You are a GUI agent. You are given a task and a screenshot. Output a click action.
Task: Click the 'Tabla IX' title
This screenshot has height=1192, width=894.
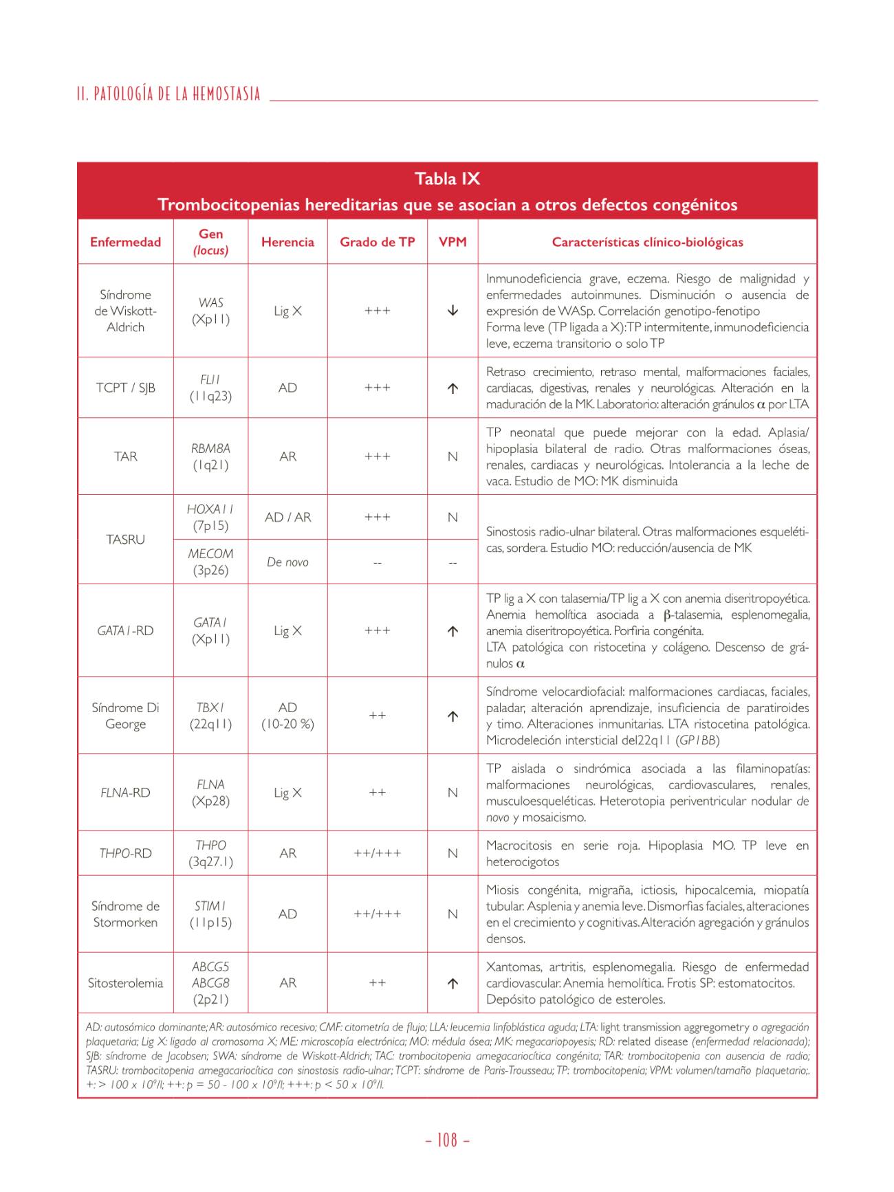pyautogui.click(x=447, y=179)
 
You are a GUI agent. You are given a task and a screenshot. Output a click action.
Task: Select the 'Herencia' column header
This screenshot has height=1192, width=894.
pyautogui.click(x=287, y=242)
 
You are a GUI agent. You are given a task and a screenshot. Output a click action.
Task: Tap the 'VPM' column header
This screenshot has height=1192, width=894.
pyautogui.click(x=453, y=242)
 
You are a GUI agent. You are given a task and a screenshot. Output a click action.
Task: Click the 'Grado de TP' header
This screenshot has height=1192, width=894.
pyautogui.click(x=377, y=242)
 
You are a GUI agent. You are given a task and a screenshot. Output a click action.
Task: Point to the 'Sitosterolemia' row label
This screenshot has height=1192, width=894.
pyautogui.click(x=125, y=983)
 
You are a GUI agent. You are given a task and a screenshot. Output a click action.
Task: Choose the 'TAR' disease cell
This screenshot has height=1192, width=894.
pyautogui.click(x=125, y=456)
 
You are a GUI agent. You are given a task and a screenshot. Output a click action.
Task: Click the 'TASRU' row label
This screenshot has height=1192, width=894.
pyautogui.click(x=125, y=540)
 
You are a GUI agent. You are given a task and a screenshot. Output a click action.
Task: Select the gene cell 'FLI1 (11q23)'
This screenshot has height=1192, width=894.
pyautogui.click(x=210, y=388)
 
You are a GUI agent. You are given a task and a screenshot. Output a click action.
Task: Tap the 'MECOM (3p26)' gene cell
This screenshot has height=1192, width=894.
pyautogui.click(x=210, y=562)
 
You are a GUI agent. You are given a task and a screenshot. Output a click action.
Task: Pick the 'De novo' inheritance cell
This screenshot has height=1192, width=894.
pyautogui.click(x=287, y=562)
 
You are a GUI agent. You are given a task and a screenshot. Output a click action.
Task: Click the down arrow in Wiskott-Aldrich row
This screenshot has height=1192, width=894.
pyautogui.click(x=453, y=311)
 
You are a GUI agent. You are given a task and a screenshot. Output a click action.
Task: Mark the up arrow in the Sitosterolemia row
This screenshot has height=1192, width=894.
pyautogui.click(x=453, y=984)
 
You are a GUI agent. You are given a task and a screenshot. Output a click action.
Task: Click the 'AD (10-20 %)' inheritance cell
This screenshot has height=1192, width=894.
pyautogui.click(x=287, y=716)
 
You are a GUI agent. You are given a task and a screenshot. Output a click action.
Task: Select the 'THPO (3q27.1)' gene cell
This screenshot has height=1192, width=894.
pyautogui.click(x=210, y=853)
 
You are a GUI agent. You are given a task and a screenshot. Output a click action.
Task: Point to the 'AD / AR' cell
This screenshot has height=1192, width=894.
pyautogui.click(x=287, y=517)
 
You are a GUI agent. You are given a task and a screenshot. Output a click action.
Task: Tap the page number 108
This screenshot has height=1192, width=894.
pyautogui.click(x=447, y=1140)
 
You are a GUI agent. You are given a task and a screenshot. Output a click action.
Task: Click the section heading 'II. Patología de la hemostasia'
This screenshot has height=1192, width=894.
pyautogui.click(x=169, y=94)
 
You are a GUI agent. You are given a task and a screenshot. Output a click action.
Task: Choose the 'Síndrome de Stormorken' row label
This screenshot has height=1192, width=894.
pyautogui.click(x=125, y=914)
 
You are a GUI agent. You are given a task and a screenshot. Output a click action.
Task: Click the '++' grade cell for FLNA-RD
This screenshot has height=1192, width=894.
pyautogui.click(x=377, y=793)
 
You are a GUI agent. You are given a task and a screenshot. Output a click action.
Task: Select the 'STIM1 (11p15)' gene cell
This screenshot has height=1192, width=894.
pyautogui.click(x=210, y=914)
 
